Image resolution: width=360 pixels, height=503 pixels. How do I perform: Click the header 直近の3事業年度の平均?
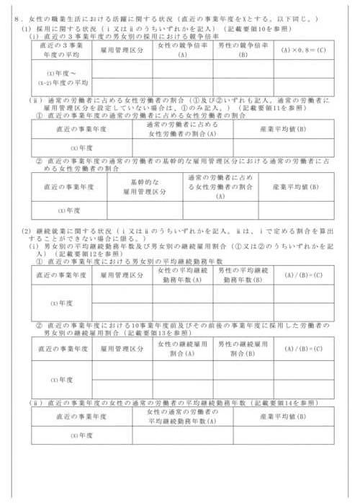click(x=60, y=48)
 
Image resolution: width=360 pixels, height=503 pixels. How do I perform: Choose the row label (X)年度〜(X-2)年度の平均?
click(x=60, y=77)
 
